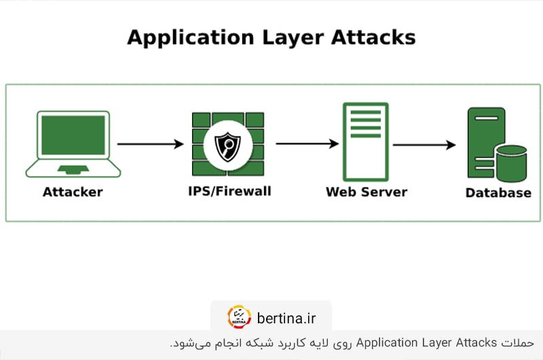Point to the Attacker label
point(73,192)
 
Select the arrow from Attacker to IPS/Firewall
point(150,144)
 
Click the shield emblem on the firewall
point(227,144)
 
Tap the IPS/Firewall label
point(229,191)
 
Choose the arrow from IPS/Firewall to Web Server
point(307,144)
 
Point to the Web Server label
point(367,192)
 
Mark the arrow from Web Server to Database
point(424,145)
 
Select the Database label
point(498,194)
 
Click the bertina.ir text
point(286,317)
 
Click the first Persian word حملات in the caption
point(514,343)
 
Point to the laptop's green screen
point(73,135)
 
